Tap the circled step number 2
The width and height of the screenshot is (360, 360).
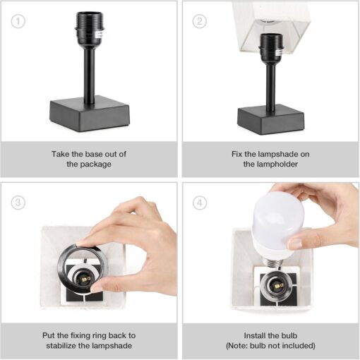point(200,20)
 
